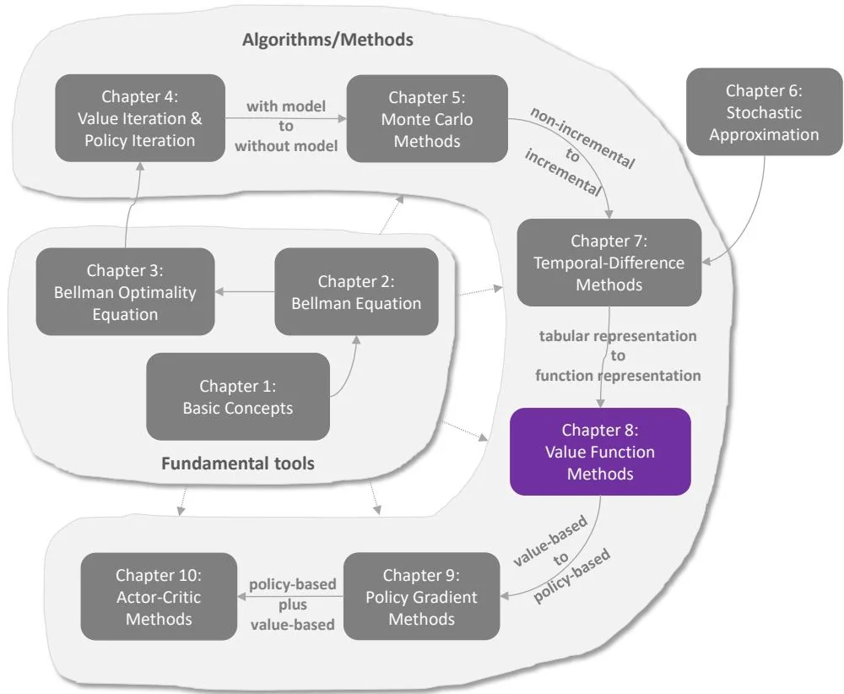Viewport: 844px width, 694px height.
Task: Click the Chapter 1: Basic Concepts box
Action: click(x=237, y=397)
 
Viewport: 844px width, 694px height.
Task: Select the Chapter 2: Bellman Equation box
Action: click(x=357, y=291)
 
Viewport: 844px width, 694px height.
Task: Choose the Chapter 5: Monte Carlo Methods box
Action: click(x=427, y=118)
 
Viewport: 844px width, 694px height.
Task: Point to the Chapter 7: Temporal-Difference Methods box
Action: click(x=609, y=263)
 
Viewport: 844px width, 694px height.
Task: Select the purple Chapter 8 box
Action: click(x=600, y=452)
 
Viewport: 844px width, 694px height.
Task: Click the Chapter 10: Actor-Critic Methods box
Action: click(x=159, y=596)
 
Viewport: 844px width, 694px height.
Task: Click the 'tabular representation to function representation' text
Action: click(x=618, y=355)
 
